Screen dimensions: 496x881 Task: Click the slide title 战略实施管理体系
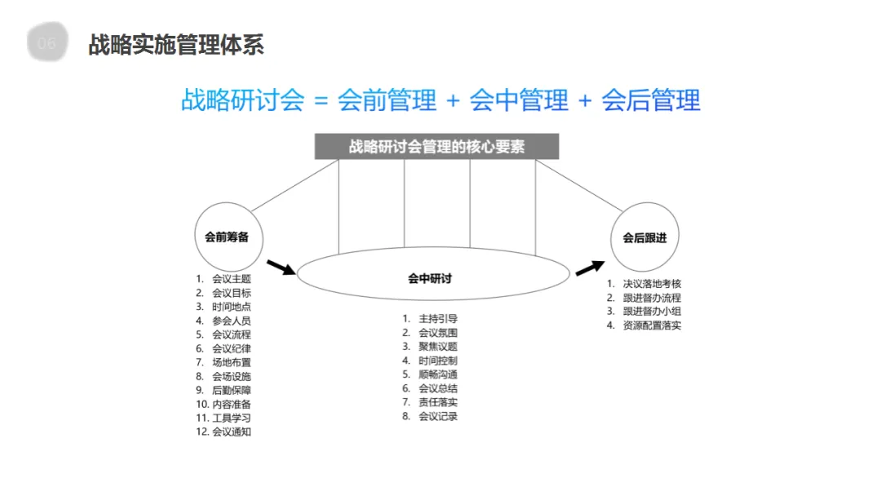[176, 45]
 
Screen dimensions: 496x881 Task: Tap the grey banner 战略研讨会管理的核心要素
[436, 148]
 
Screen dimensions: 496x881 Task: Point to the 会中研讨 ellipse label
[430, 278]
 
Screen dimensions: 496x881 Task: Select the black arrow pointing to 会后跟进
[589, 268]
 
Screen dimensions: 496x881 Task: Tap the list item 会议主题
[231, 279]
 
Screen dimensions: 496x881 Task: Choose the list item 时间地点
[231, 307]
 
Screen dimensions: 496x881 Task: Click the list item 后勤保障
[231, 390]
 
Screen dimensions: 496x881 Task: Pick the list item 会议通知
[231, 432]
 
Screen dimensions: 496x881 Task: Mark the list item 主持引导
[438, 319]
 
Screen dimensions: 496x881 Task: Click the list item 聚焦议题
[438, 347]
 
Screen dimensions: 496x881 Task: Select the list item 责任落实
[438, 402]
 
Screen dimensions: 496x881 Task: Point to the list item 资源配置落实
[652, 325]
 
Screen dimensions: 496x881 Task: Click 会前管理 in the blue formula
[387, 100]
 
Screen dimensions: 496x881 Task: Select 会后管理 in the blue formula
[651, 100]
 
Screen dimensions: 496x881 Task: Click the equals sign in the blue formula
[321, 101]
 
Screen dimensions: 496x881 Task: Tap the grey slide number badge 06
[47, 44]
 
